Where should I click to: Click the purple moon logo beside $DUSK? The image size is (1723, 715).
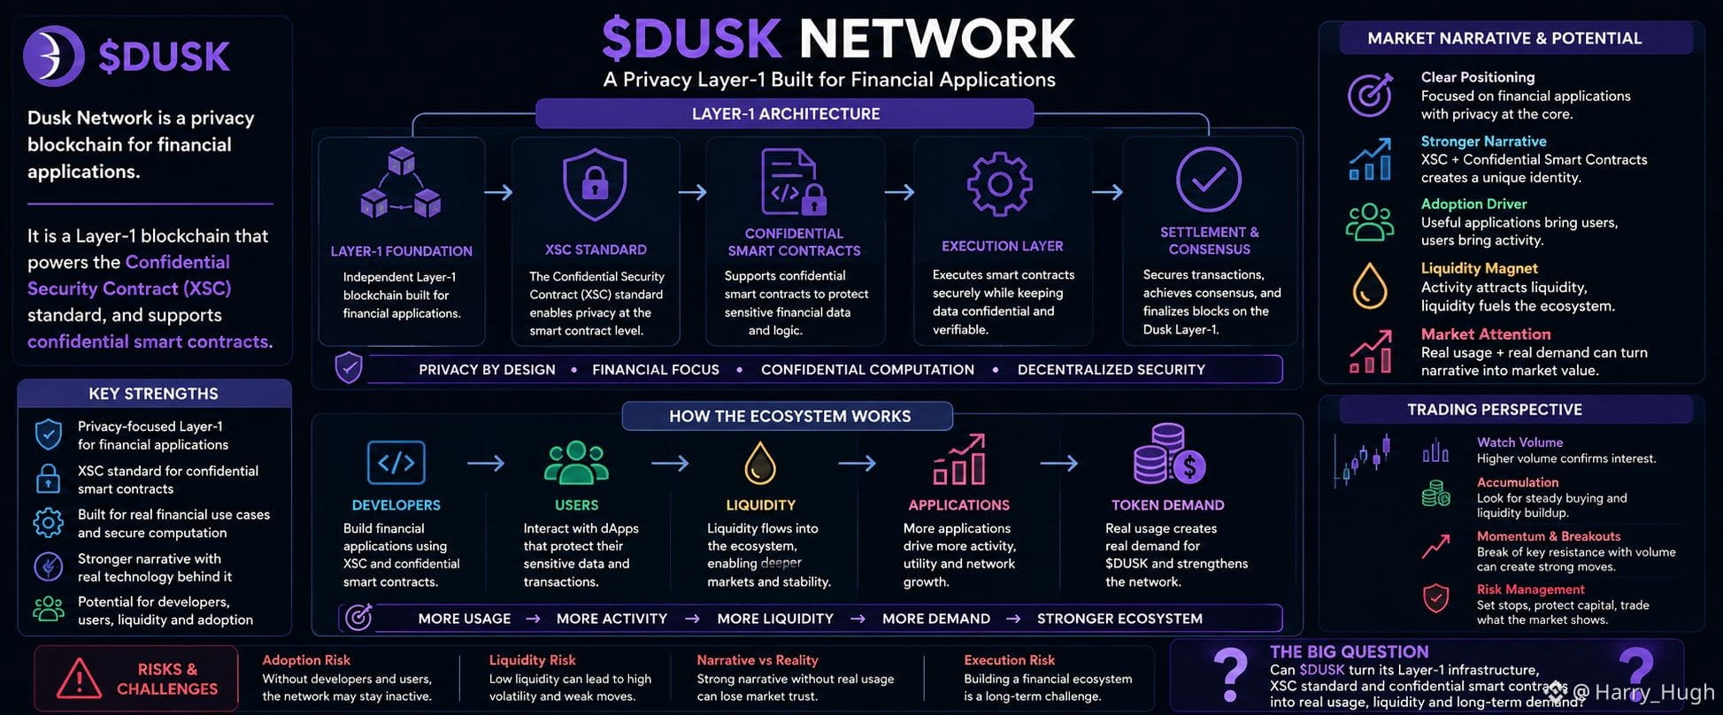(x=54, y=56)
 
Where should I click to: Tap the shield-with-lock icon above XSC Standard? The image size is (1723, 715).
(x=595, y=184)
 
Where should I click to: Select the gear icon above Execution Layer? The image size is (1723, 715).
(x=1000, y=184)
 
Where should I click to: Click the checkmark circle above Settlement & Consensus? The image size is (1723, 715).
(x=1208, y=180)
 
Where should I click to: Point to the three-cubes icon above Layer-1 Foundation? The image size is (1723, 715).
(x=401, y=183)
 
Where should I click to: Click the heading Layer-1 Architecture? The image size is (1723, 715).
(x=786, y=114)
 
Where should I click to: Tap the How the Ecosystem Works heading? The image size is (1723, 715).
(x=789, y=416)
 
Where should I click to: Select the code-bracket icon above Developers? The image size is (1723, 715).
(x=396, y=462)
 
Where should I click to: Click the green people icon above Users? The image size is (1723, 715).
(x=576, y=462)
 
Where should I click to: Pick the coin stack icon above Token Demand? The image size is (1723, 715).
(x=1168, y=454)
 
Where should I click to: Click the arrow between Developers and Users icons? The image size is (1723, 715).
(x=485, y=462)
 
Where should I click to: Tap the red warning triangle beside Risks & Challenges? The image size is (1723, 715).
(x=79, y=680)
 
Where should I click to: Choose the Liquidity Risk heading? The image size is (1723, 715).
(x=532, y=660)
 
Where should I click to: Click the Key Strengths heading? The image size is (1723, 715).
(x=153, y=394)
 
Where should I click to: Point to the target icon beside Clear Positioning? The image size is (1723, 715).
(x=1370, y=95)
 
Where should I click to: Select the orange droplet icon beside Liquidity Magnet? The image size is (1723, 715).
(x=1369, y=286)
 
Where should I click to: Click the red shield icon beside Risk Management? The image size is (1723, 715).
(x=1435, y=598)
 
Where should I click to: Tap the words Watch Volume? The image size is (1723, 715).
(x=1519, y=442)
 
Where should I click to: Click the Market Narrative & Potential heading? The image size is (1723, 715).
(x=1504, y=38)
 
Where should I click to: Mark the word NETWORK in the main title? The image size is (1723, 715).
(x=936, y=39)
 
